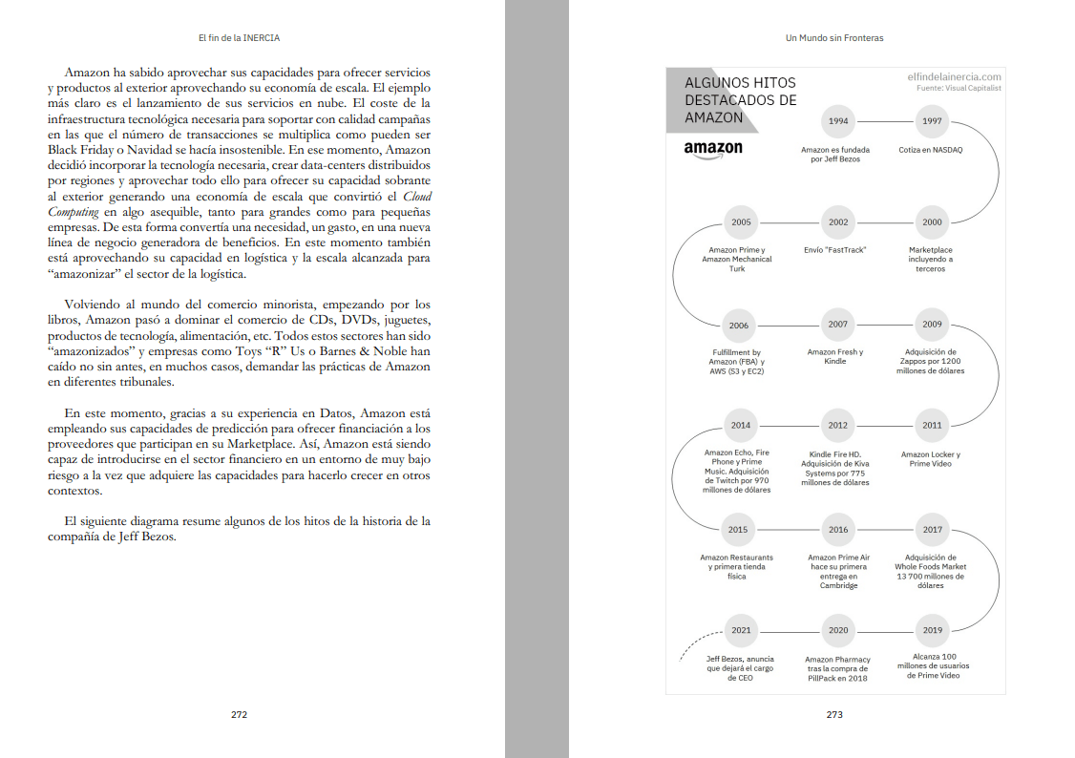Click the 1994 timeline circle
(837, 121)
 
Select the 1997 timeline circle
(932, 121)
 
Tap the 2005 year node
(741, 222)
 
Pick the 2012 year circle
(837, 426)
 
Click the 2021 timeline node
(741, 630)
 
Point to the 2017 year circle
(932, 530)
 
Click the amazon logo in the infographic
(713, 149)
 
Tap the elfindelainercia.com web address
(954, 76)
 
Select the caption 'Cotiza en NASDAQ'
(931, 150)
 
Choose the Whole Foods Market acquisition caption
(931, 571)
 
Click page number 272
(239, 713)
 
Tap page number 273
(834, 713)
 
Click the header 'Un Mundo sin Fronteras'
(833, 38)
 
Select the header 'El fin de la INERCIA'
(239, 38)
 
